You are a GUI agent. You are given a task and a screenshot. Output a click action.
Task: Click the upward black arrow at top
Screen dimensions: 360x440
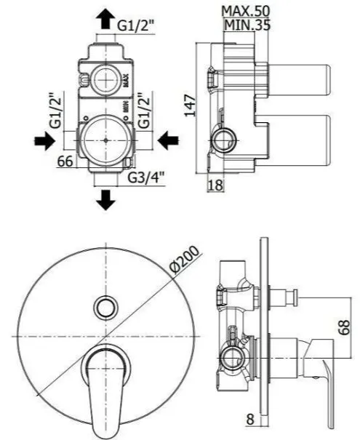(105, 19)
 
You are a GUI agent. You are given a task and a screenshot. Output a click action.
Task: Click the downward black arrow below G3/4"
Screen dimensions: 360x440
(105, 200)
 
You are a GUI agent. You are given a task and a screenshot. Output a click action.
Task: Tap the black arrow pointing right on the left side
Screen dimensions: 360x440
(44, 140)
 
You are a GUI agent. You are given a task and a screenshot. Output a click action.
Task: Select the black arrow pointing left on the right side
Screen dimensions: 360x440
(168, 140)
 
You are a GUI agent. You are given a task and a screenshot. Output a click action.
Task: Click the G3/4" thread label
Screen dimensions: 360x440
(146, 177)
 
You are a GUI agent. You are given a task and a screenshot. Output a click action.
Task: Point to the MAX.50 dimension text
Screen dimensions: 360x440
(246, 11)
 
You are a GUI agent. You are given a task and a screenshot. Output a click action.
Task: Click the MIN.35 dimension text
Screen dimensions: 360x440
(247, 25)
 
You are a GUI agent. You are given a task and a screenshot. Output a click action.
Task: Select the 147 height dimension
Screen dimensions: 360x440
(190, 105)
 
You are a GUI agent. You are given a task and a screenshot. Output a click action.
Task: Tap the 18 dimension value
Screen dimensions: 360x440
(215, 185)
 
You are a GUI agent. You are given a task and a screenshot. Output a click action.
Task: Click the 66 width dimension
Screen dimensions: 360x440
(65, 161)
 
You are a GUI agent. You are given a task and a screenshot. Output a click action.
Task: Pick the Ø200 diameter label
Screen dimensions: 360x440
(185, 260)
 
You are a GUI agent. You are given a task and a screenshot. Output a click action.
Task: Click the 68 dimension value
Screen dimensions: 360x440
(344, 327)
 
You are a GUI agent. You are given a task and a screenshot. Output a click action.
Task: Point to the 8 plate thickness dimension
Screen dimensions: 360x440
(249, 427)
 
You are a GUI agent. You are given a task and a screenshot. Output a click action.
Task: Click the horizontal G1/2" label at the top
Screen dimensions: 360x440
(136, 25)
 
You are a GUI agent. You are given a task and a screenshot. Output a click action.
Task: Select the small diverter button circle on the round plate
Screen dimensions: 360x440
(105, 307)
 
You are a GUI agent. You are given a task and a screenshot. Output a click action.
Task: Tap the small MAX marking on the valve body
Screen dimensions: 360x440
(125, 81)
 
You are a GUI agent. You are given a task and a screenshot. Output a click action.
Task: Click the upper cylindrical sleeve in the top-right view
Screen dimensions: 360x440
(300, 81)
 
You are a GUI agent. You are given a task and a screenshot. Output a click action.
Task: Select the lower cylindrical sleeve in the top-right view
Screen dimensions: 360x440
(300, 140)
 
